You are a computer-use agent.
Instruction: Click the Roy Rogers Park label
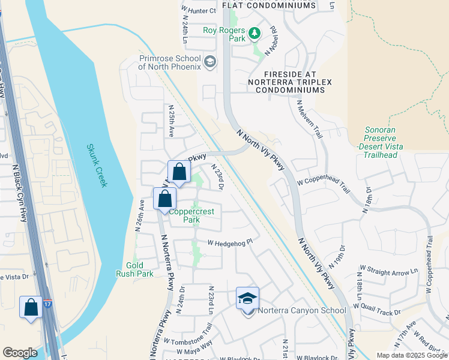[223, 31]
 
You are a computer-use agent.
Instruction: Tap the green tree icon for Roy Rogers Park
[254, 32]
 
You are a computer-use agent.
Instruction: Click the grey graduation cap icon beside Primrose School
[210, 61]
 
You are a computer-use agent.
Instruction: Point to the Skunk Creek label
[97, 165]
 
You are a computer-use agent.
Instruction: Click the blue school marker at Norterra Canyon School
[247, 299]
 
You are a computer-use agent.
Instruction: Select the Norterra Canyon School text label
[302, 310]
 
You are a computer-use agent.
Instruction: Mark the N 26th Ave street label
[141, 212]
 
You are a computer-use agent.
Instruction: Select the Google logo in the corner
[20, 353]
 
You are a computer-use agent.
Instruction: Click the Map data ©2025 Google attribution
[411, 355]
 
